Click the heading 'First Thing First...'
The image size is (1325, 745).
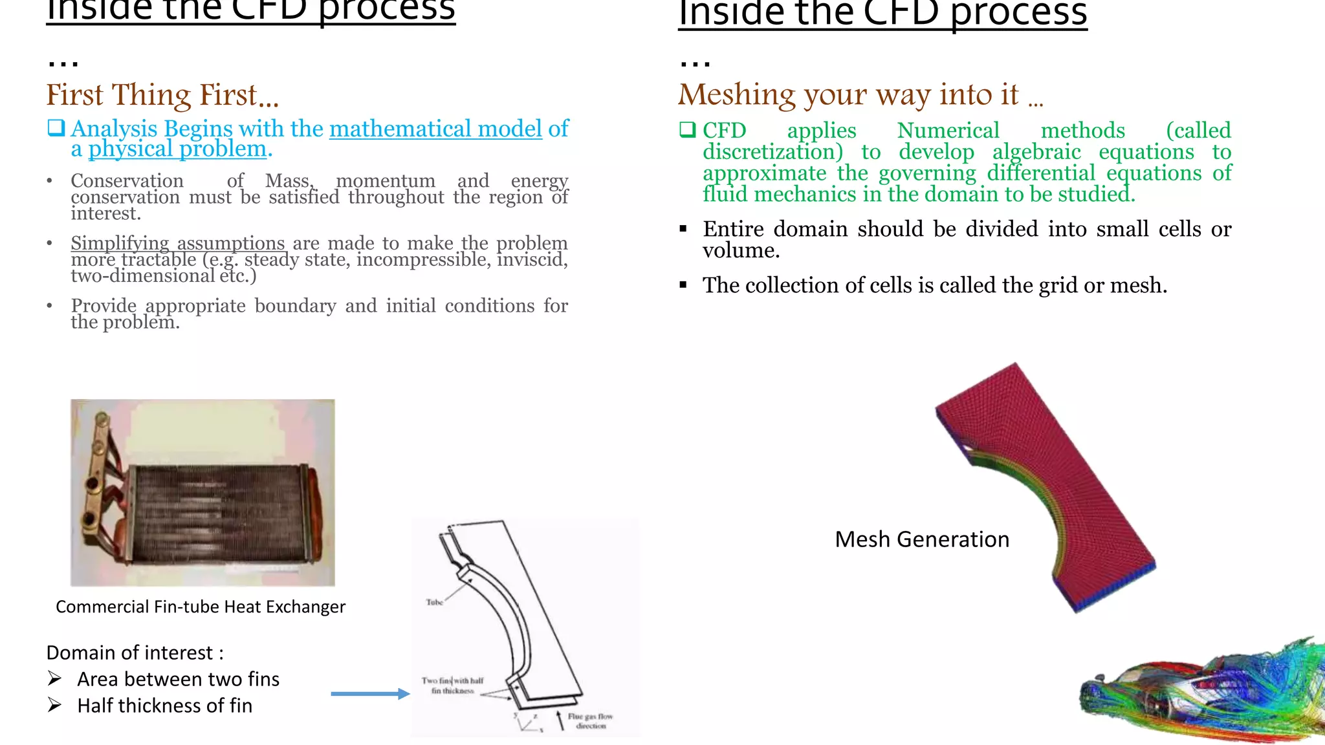click(x=162, y=96)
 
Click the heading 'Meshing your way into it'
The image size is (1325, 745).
click(x=849, y=95)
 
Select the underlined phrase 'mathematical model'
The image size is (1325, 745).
click(x=435, y=129)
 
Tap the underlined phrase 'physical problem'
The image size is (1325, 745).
click(x=177, y=149)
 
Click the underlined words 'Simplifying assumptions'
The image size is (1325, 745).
click(x=178, y=243)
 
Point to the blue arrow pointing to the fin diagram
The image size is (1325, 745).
click(x=370, y=694)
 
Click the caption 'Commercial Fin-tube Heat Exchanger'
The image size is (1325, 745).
click(x=201, y=607)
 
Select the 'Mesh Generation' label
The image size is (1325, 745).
click(x=921, y=539)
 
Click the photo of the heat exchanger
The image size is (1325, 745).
click(x=203, y=493)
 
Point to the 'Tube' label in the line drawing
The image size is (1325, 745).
click(x=434, y=602)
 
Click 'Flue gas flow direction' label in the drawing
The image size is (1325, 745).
click(x=590, y=721)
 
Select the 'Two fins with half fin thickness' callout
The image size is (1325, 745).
click(x=452, y=686)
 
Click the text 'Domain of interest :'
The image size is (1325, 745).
click(x=135, y=653)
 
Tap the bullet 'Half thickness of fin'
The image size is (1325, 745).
click(x=164, y=706)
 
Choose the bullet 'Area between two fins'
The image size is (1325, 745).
click(x=178, y=680)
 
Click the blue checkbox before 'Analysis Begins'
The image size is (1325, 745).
click(x=56, y=127)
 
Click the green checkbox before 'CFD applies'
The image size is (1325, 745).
click(x=687, y=129)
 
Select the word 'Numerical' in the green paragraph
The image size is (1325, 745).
click(x=948, y=131)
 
